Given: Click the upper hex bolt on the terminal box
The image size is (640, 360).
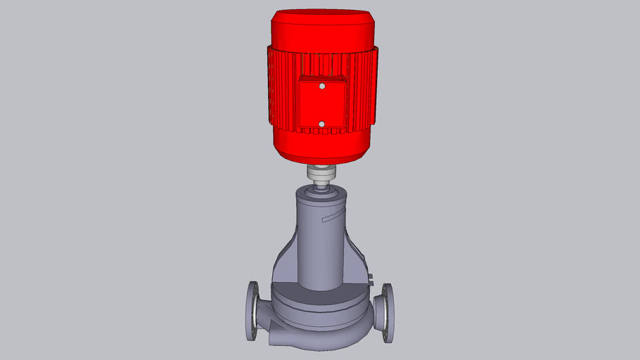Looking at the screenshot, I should coord(321,87).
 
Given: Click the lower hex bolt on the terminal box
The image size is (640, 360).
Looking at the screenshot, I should coord(321,124).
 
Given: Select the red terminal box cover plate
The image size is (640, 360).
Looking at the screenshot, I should coord(321,105).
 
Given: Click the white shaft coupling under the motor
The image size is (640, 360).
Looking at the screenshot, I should coord(321,172).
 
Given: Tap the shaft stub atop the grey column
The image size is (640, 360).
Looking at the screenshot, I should coord(321,188).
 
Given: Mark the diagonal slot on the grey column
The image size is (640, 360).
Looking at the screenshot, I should coord(330,219).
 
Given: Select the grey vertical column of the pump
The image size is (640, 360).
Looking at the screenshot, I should coord(321,246).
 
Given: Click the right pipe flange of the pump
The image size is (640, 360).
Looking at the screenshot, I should coord(387,313).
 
